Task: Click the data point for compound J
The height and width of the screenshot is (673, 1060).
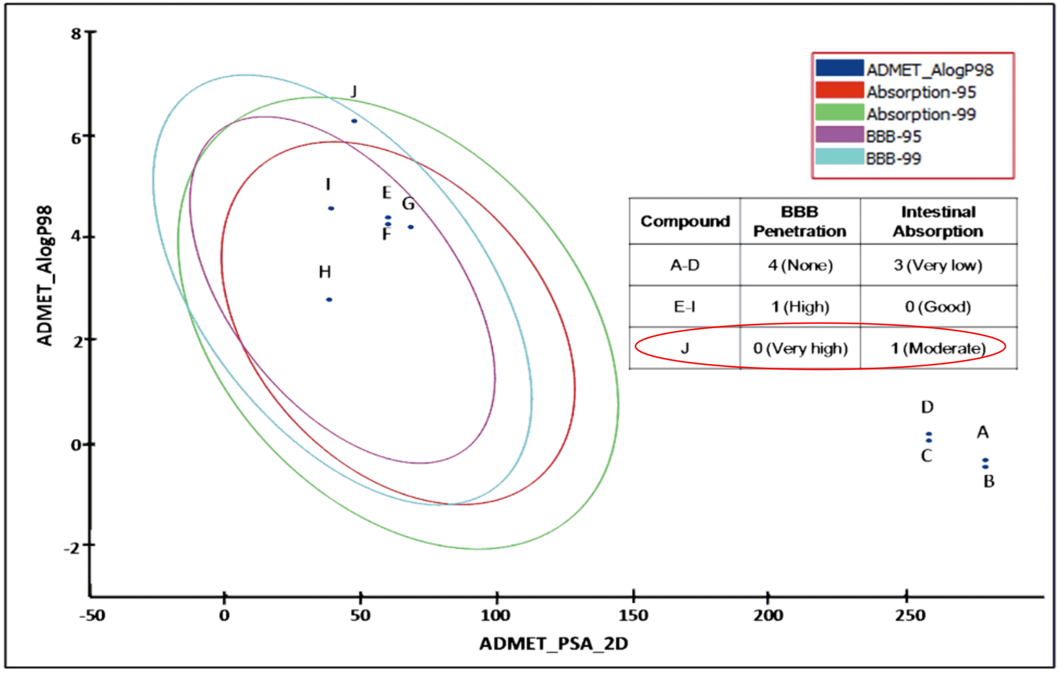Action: pos(354,121)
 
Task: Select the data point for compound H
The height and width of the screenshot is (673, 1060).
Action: pos(329,300)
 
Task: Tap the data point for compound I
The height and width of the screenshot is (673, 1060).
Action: pos(331,209)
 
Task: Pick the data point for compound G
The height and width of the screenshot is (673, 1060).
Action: pos(410,227)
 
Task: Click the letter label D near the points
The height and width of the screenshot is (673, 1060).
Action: pos(927,407)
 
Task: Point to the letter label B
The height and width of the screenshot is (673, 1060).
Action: pos(989,481)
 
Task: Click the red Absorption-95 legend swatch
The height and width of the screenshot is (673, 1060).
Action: pos(839,90)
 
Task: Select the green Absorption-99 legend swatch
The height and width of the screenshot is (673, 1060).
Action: pos(839,112)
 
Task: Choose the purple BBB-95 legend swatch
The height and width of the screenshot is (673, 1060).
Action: pos(839,135)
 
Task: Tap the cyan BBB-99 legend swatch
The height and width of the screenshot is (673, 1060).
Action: pos(839,157)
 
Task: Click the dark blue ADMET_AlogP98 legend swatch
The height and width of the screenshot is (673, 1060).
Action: pos(839,68)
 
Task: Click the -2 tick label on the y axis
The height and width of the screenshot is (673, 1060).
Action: pos(73,548)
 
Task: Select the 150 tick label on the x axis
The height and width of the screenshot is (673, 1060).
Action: pos(633,615)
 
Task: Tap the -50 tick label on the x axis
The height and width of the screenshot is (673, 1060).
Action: pos(92,615)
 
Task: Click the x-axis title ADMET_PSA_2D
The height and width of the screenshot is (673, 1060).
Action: pos(554,644)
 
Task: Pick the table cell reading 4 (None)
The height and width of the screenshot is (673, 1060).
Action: pos(800,265)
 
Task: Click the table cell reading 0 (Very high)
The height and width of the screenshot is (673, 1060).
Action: pos(800,349)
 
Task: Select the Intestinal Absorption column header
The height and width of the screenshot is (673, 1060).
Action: pos(938,221)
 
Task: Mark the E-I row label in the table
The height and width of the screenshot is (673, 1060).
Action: pos(684,307)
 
